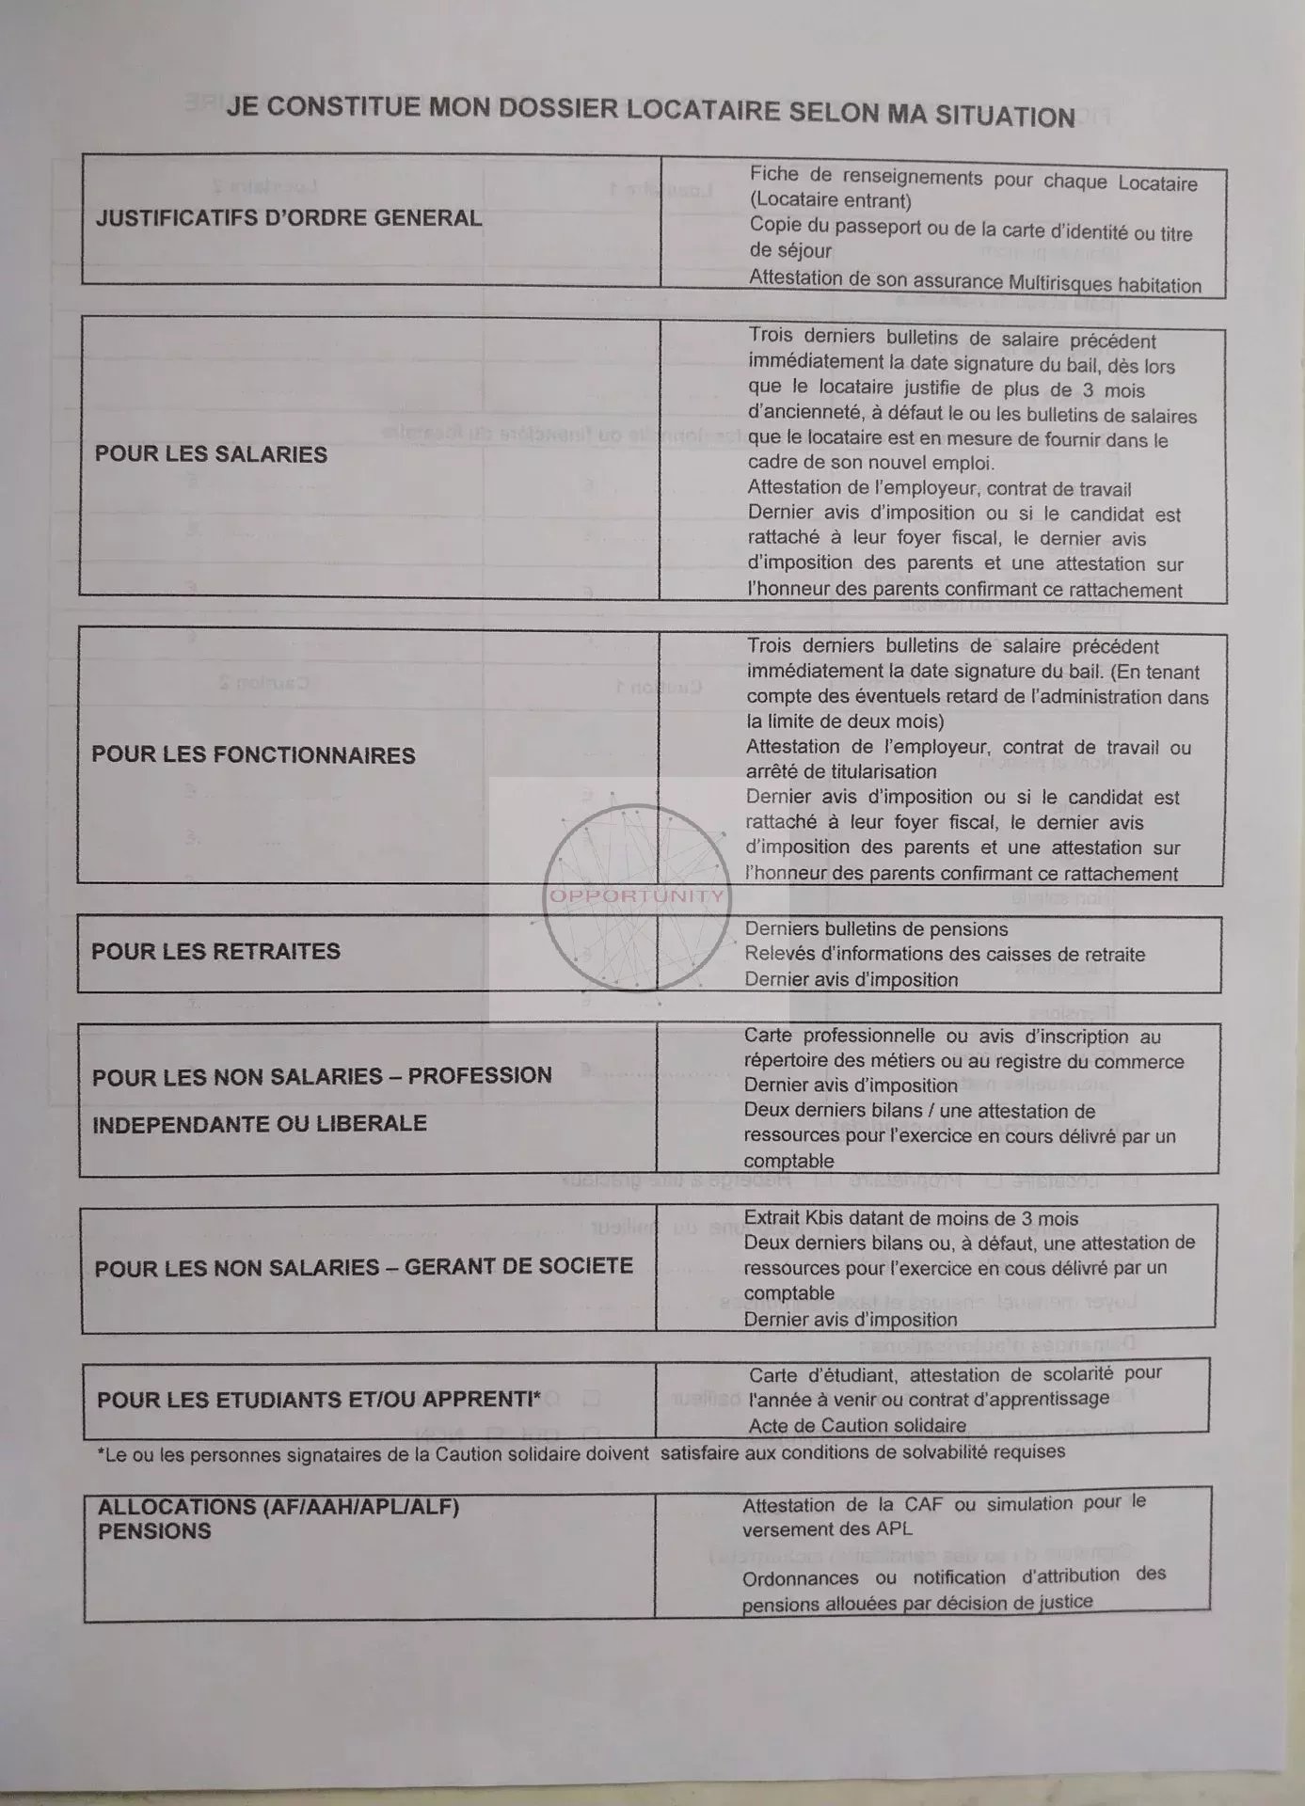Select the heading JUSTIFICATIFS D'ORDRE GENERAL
point(288,218)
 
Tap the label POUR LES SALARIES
point(211,454)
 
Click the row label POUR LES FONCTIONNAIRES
point(253,755)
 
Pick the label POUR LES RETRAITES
point(215,951)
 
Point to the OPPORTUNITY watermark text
point(637,895)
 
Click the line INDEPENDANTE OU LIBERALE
point(260,1123)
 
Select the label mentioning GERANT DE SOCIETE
point(363,1266)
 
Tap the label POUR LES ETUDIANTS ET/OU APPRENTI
point(318,1399)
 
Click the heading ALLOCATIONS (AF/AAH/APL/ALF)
point(279,1506)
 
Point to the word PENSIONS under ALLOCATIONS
point(154,1531)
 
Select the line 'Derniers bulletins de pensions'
point(876,929)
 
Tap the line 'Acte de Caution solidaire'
point(856,1425)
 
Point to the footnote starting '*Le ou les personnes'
point(581,1453)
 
